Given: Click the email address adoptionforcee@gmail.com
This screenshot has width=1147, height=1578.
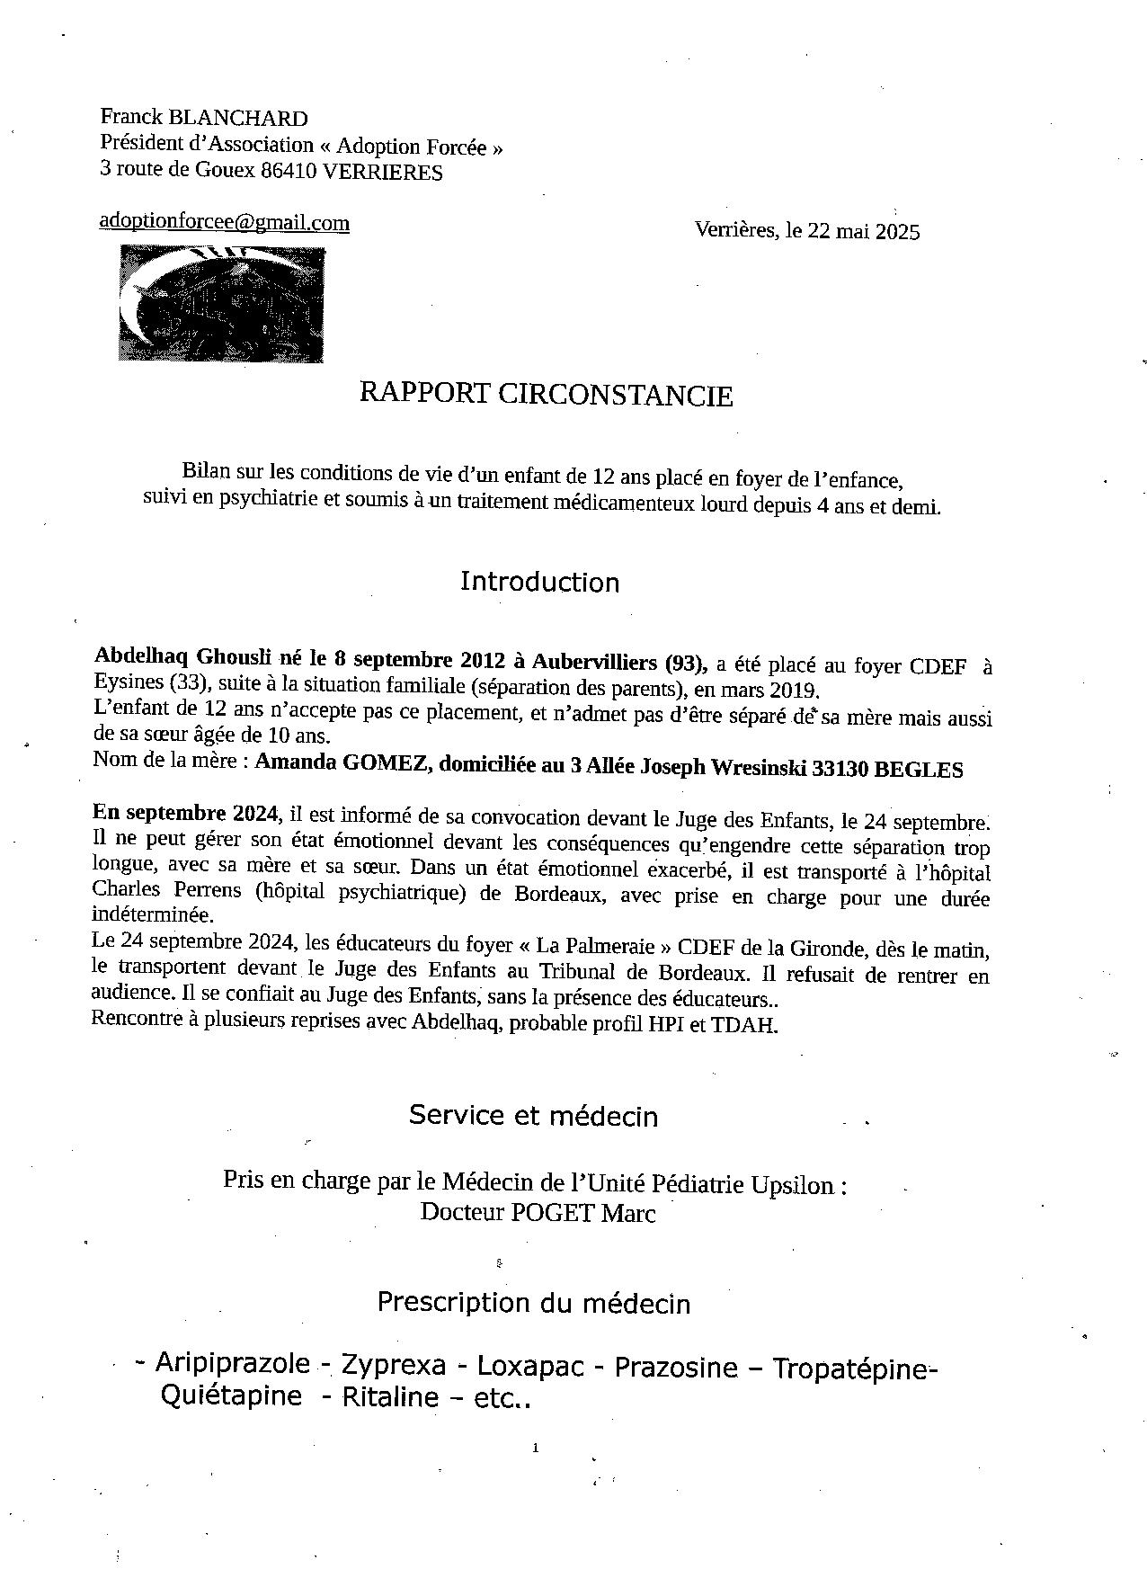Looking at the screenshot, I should pos(224,222).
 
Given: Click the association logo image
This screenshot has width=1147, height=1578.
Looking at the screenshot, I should pos(221,304).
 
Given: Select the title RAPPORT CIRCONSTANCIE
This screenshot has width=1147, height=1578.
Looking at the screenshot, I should pos(546,394).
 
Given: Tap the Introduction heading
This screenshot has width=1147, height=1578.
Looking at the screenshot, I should pos(539,582).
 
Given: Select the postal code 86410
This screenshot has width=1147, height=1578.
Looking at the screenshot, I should pos(288,172).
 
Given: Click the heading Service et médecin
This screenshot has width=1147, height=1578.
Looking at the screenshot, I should pos(533,1116).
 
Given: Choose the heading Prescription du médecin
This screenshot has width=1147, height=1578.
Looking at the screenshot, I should pos(533,1302).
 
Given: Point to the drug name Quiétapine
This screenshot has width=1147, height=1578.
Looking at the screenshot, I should pos(231,1395).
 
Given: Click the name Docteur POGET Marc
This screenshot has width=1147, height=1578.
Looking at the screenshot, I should pos(538,1212).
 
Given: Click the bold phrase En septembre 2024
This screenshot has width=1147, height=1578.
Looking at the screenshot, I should pos(184,813).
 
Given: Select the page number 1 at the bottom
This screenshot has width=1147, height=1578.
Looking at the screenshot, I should pos(535,1448).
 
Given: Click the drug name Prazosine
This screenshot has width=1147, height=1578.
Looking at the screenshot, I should pos(675,1368).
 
